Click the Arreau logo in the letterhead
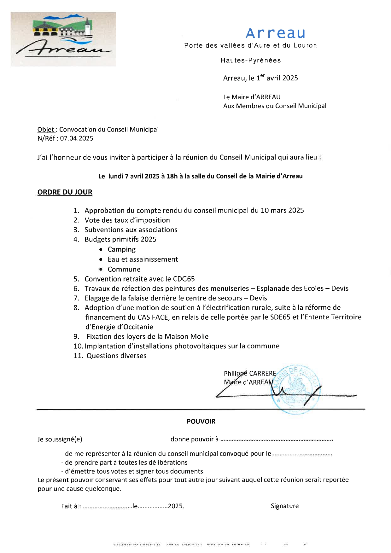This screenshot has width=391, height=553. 63,39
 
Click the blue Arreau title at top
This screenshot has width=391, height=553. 275,33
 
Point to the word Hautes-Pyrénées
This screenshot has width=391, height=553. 250,60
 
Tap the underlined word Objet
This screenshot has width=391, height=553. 46,130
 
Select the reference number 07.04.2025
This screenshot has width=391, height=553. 77,138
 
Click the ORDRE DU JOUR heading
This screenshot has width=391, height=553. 65,192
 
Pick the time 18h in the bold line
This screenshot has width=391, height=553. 172,176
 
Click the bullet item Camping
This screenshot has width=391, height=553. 121,249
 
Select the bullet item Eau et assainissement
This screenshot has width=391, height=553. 143,259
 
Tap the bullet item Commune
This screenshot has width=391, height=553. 124,270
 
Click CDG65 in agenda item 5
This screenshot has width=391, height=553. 184,279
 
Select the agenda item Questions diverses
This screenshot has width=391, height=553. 116,356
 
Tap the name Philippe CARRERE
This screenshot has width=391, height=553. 250,374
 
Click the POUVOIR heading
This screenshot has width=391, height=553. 201,422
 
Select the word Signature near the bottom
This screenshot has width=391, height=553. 284,506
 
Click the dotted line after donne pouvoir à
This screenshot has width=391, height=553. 276,440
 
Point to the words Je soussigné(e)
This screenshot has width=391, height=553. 60,439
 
